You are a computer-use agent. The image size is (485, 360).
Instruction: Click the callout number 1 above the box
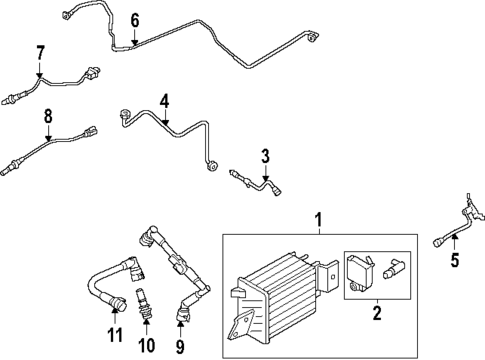click(319, 220)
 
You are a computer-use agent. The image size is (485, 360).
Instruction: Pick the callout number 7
click(40, 52)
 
